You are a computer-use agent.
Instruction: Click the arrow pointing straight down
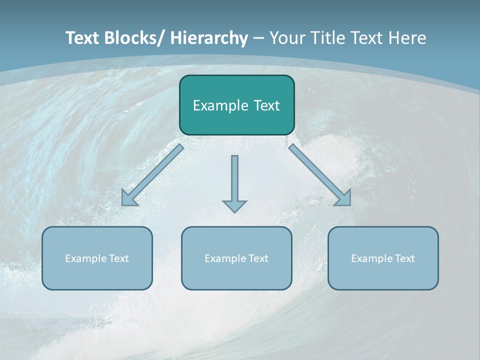coord(234,182)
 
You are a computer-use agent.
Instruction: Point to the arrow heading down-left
coord(152,175)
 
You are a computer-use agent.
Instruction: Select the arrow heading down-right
coord(320,175)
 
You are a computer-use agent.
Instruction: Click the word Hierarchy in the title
coord(208,38)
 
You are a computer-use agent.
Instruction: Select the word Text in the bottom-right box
coord(405,258)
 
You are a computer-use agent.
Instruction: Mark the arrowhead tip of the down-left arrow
coord(123,204)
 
